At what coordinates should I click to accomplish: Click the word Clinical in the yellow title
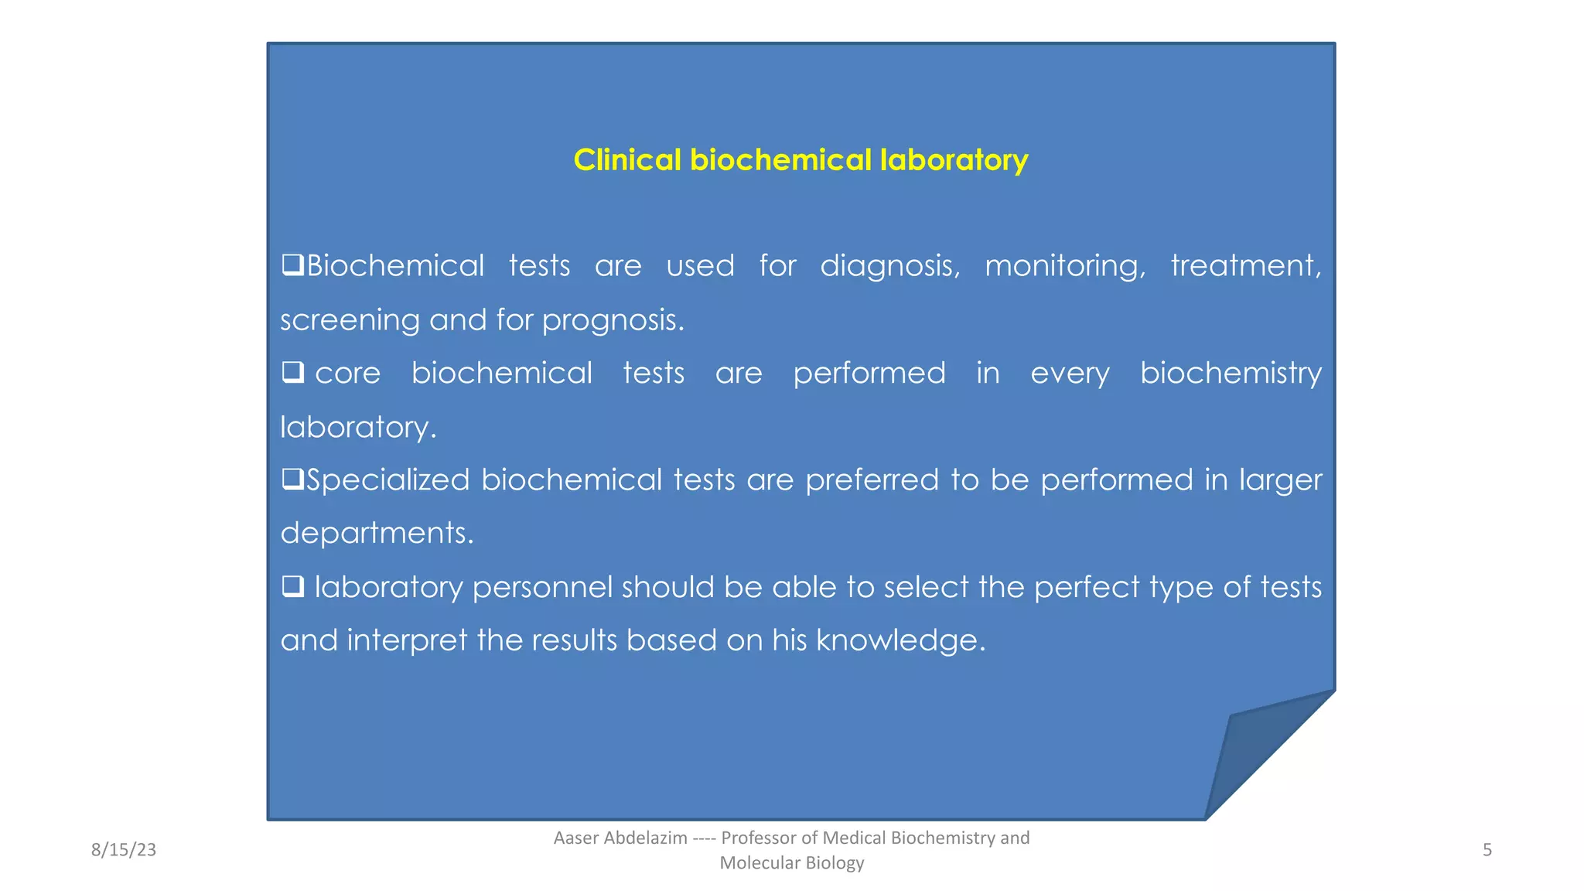[627, 160]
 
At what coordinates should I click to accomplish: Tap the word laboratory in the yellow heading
[954, 160]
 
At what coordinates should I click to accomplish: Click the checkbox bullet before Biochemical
[292, 265]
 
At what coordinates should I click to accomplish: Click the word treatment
[1245, 265]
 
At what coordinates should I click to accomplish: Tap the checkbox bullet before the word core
[292, 373]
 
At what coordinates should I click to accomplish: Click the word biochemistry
[1231, 374]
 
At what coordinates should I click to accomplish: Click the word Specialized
[388, 480]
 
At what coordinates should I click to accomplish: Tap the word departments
[376, 534]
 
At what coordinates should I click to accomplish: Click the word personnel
[542, 588]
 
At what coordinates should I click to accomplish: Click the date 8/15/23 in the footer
[124, 850]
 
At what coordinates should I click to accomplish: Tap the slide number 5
[1487, 850]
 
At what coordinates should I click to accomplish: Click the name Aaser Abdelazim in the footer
[620, 838]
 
